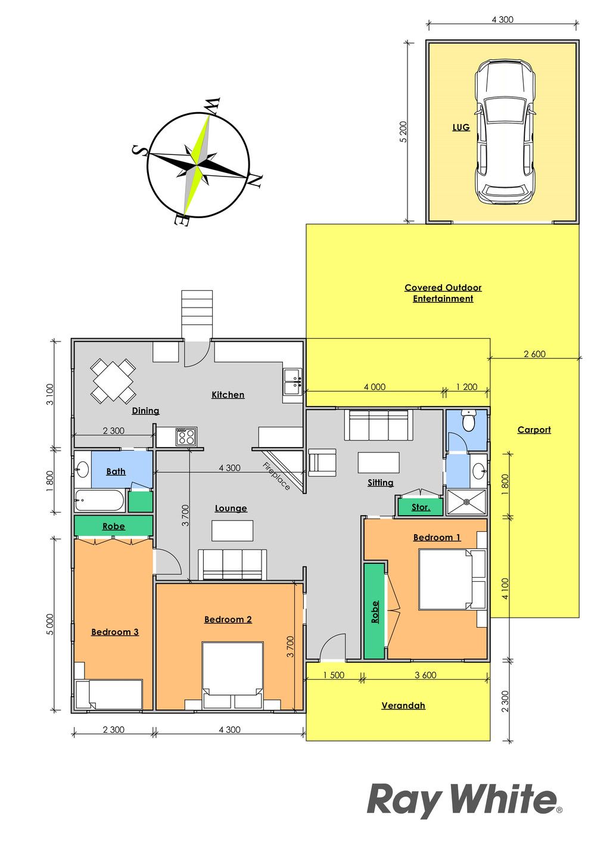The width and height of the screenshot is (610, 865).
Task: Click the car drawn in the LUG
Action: (505, 132)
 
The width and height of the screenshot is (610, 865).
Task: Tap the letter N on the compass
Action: (256, 181)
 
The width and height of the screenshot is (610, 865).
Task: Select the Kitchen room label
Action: (228, 395)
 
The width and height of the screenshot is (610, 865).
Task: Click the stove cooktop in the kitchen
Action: (186, 437)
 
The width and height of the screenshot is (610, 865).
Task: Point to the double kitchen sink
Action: (292, 381)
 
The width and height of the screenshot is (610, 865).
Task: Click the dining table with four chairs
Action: (113, 381)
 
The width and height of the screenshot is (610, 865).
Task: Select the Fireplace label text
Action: (276, 476)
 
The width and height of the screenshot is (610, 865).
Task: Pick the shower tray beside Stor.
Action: (466, 502)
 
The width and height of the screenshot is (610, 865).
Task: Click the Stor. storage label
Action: (420, 507)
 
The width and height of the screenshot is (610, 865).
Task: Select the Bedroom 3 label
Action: (114, 632)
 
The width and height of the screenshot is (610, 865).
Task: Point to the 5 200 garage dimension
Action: (403, 132)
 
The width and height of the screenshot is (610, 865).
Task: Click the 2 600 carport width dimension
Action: (534, 354)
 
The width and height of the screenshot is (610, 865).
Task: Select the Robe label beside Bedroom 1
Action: (375, 612)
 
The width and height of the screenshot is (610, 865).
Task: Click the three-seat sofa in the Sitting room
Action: (378, 425)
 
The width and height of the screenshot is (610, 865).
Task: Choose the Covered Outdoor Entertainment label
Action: (443, 293)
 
